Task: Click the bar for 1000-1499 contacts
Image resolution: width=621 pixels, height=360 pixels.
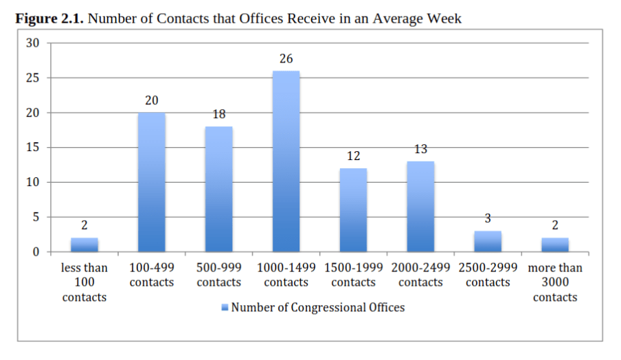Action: [286, 161]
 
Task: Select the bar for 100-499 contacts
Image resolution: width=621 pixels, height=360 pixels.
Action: [152, 182]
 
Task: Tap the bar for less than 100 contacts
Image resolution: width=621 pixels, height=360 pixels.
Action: [84, 245]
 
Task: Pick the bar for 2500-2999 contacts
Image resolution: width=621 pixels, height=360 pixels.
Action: [488, 241]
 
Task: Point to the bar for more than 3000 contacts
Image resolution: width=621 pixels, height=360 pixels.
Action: [555, 245]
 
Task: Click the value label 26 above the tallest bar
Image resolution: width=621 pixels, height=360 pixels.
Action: [286, 58]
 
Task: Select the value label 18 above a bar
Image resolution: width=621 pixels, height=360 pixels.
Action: [219, 114]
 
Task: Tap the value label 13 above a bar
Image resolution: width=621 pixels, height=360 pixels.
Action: [420, 149]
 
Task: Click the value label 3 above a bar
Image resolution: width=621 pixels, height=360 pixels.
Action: [488, 218]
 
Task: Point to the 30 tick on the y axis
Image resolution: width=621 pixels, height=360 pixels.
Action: [33, 43]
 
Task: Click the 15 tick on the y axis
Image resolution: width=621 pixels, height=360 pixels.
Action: [33, 147]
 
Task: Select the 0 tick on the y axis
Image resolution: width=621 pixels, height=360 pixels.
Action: [36, 252]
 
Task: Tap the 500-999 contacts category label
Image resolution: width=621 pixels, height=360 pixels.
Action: [219, 275]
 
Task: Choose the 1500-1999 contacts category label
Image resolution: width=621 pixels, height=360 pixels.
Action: [353, 275]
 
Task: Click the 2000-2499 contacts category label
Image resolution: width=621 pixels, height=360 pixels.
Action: [420, 275]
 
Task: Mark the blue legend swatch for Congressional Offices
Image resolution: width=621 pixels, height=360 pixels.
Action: [225, 307]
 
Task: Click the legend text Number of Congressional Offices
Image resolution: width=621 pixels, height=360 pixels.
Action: [318, 307]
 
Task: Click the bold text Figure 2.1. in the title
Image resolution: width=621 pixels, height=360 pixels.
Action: [49, 19]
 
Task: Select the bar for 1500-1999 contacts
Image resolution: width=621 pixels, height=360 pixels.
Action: [353, 210]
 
